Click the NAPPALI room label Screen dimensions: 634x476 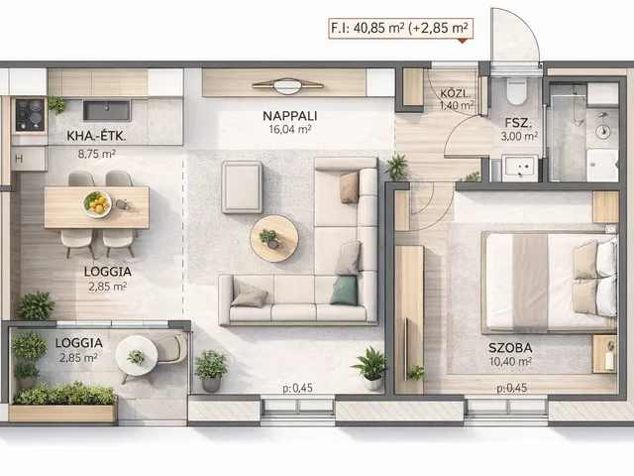tap(290, 116)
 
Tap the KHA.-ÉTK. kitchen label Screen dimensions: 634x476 tap(96, 136)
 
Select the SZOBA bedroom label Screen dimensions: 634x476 tap(510, 348)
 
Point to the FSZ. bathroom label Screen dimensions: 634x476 tap(518, 123)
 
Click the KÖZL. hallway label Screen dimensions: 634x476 tap(456, 93)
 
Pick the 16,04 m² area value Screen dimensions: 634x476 tap(290, 130)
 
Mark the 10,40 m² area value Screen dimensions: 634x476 tap(510, 361)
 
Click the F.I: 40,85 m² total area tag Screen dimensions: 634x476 tap(400, 28)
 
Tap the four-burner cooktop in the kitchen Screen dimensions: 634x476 tap(30, 115)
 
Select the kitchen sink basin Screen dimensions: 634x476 tap(107, 110)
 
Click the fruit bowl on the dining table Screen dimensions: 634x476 tap(97, 204)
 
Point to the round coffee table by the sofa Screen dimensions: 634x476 tap(274, 238)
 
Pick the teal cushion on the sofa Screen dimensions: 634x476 tap(345, 290)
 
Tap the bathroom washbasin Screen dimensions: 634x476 tap(519, 168)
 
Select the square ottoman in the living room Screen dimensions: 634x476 tap(242, 187)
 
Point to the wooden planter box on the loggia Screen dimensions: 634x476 tap(63, 413)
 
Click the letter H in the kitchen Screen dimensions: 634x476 tap(19, 159)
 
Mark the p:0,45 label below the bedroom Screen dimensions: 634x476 tap(512, 388)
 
